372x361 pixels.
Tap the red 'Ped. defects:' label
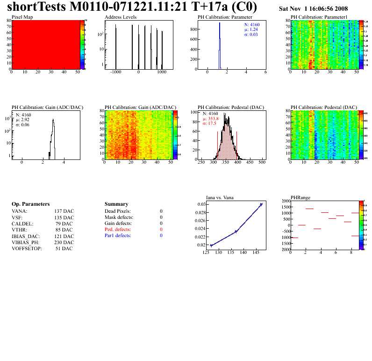click(x=118, y=230)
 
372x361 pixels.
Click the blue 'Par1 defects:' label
click(x=118, y=236)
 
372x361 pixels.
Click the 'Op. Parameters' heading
click(x=31, y=204)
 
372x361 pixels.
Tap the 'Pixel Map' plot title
click(x=21, y=17)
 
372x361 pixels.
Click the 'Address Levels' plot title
click(x=121, y=17)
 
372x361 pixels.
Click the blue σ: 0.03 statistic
click(x=251, y=35)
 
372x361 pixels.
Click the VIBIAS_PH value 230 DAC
click(x=64, y=242)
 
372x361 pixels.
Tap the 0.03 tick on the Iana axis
click(x=200, y=204)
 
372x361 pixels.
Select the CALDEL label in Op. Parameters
click(x=21, y=224)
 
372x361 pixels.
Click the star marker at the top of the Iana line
click(x=261, y=204)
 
